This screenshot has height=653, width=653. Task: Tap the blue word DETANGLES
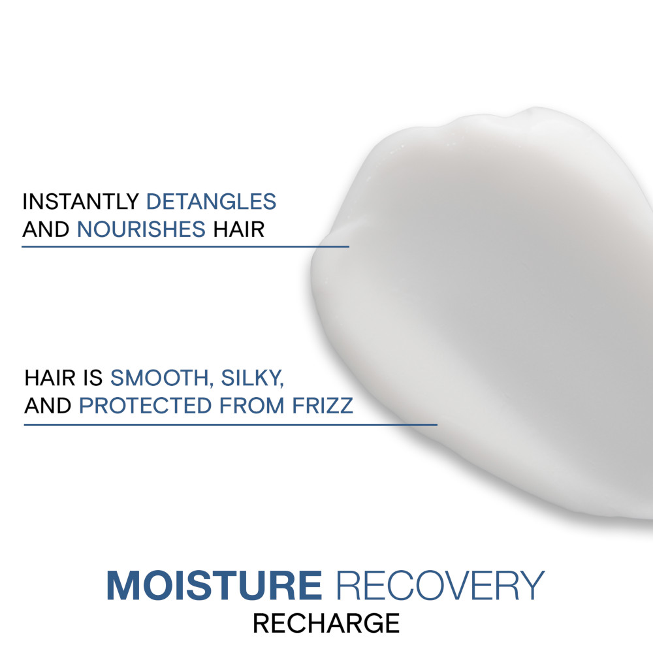pos(211,202)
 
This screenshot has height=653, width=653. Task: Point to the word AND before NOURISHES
pos(46,230)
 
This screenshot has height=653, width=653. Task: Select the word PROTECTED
pos(148,406)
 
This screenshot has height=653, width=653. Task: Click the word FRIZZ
pos(321,406)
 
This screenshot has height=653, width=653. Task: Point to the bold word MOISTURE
pos(214,586)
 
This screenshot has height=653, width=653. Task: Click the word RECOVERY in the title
pos(438,586)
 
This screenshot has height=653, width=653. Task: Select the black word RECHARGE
pos(326,624)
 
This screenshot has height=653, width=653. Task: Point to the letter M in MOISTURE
pos(122,586)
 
